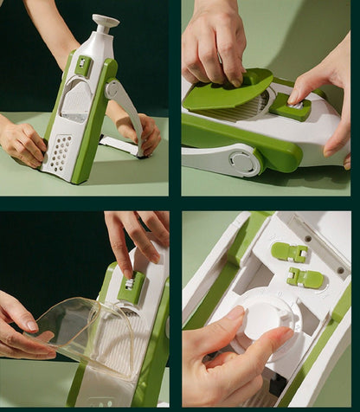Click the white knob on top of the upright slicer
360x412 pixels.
pyautogui.click(x=106, y=21)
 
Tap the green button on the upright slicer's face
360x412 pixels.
pyautogui.click(x=83, y=64)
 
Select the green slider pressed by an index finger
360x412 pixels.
pyautogui.click(x=290, y=107)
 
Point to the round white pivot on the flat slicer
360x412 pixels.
pyautogui.click(x=241, y=161)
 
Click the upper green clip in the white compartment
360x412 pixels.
pyautogui.click(x=290, y=252)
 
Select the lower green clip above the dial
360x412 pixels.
pyautogui.click(x=305, y=278)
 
